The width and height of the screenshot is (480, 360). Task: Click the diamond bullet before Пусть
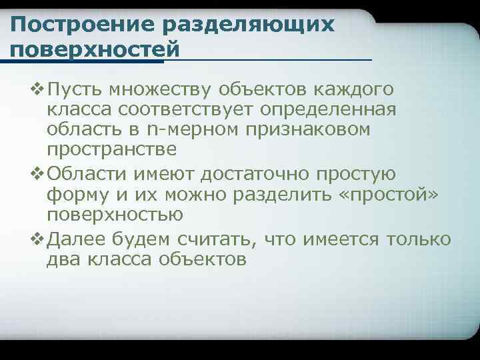tap(37, 89)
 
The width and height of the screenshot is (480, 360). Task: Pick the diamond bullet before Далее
tap(37, 238)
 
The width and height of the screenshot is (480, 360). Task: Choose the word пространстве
tap(112, 150)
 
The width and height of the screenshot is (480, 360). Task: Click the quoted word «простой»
tap(389, 195)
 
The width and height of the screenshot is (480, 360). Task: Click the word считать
tap(215, 239)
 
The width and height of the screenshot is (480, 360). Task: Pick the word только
tap(422, 239)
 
